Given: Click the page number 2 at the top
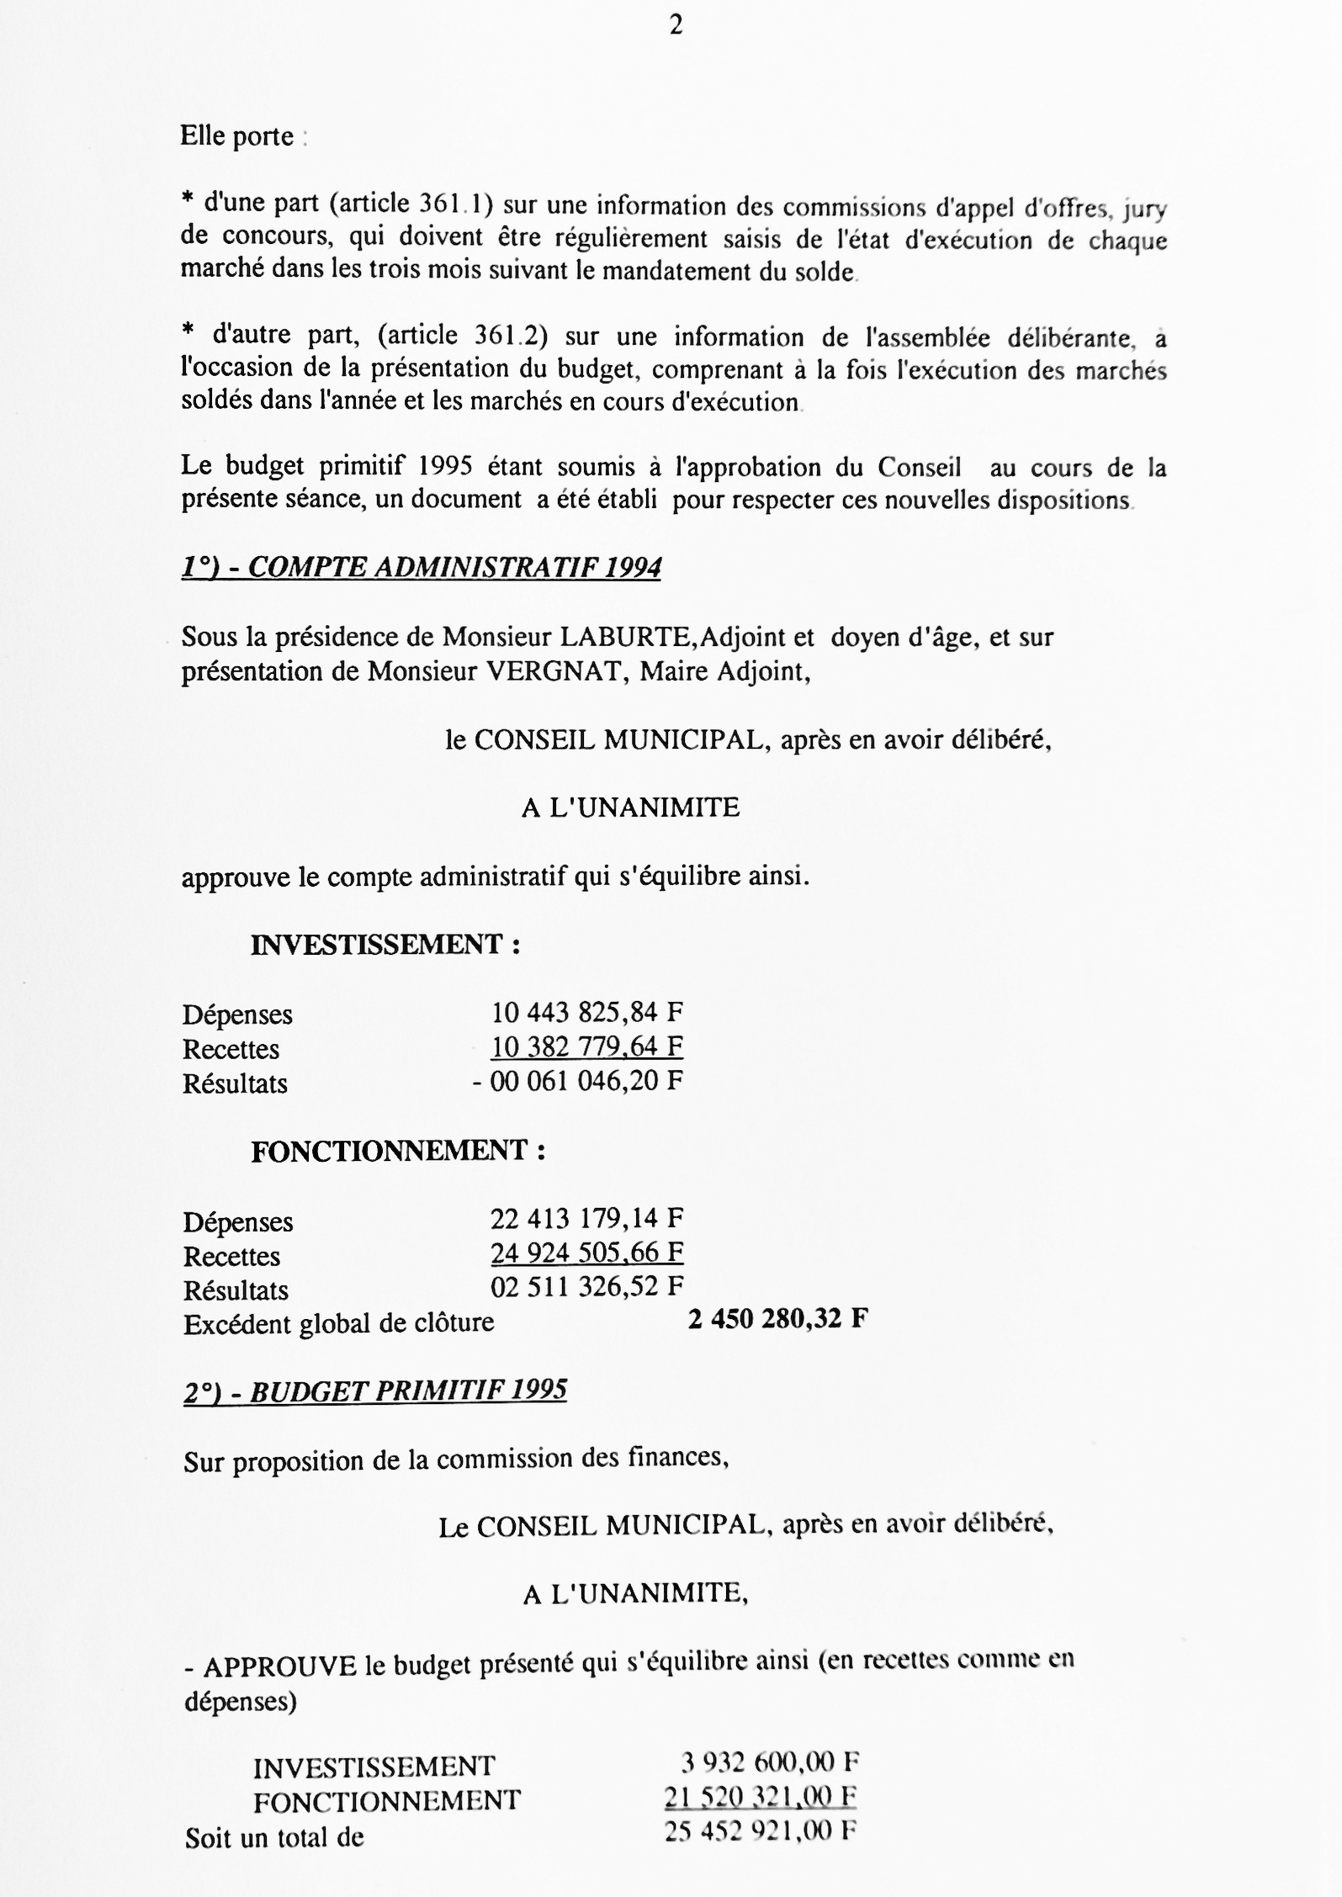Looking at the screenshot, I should point(676,27).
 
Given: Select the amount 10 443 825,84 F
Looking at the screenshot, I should point(586,1012).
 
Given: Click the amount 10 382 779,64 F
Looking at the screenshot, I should point(586,1047).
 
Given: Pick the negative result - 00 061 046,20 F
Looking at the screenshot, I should point(577,1081).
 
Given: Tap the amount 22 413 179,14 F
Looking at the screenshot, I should point(586,1218).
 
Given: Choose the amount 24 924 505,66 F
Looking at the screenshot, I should point(586,1253).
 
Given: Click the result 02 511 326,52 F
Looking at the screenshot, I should point(586,1287).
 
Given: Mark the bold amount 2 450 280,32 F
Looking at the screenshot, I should point(777,1319).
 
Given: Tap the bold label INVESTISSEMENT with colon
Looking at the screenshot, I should point(385,945).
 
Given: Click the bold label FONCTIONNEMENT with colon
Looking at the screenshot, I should point(398,1151).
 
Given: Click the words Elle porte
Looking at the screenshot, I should point(237,136).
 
